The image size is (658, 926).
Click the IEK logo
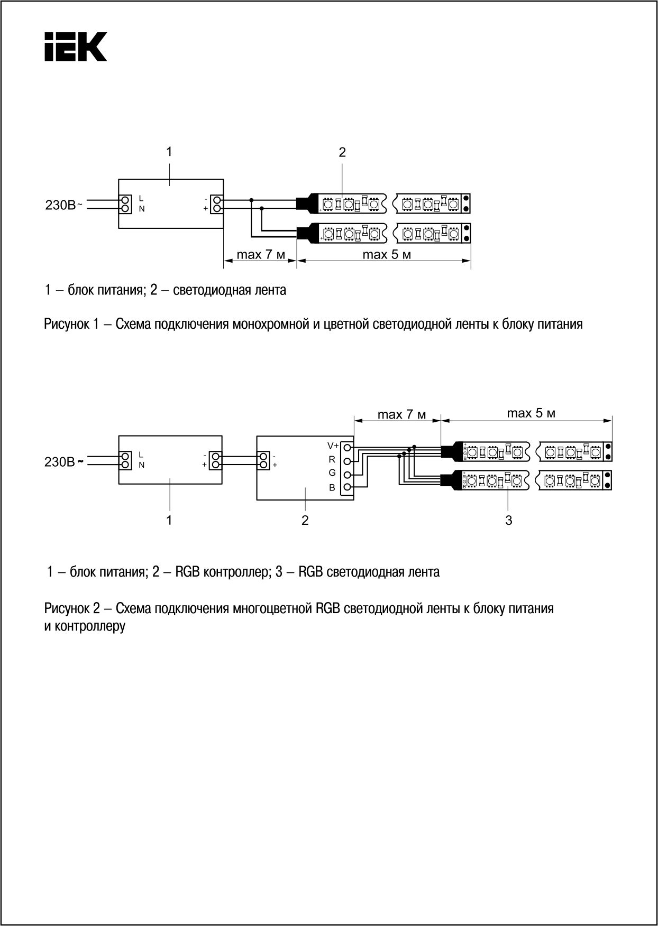(76, 47)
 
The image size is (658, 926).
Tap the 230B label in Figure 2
(60, 462)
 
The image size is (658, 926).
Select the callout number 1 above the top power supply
(169, 152)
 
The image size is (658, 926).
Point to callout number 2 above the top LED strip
(342, 153)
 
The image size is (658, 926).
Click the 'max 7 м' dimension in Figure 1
(261, 255)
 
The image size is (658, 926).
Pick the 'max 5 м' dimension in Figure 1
(387, 255)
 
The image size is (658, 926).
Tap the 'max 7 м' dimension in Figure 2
(401, 414)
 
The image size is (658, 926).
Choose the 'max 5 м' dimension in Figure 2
(531, 413)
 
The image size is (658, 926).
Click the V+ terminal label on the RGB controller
(333, 446)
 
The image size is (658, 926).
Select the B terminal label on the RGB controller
(332, 487)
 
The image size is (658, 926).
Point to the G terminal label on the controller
(332, 473)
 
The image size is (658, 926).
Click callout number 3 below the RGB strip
(509, 521)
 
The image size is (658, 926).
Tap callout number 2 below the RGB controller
(305, 521)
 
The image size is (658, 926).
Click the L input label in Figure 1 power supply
(141, 198)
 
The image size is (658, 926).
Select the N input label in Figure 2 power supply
(141, 465)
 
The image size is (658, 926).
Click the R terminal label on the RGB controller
(332, 459)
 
